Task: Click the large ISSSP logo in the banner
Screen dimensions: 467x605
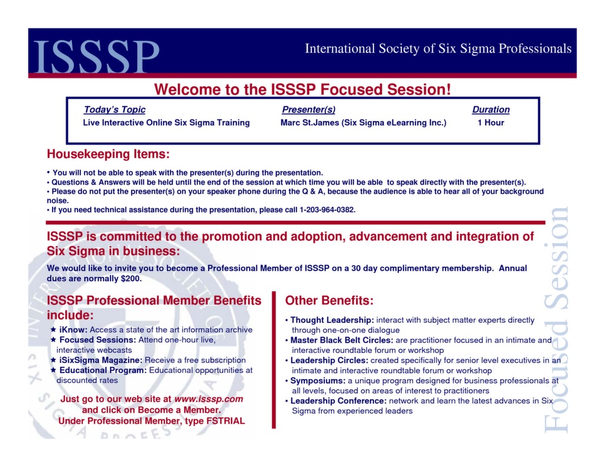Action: coord(97,56)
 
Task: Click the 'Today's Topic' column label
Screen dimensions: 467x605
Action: coord(114,110)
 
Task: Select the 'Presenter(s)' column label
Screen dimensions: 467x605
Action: coord(308,110)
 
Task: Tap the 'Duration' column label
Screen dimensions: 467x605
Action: coord(490,110)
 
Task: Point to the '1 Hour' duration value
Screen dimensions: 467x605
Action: coord(490,123)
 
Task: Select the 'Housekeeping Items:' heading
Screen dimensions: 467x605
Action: coord(108,155)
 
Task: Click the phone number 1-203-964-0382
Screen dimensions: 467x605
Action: coord(327,210)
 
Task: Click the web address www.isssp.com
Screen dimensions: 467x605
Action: coord(209,399)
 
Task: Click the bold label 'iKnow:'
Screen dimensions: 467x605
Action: coord(73,330)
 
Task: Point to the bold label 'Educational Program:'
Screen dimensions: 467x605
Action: coord(103,370)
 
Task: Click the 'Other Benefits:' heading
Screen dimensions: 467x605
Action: coord(329,301)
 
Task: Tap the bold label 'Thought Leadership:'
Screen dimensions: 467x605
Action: coord(332,320)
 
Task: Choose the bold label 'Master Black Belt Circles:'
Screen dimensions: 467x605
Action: coord(341,340)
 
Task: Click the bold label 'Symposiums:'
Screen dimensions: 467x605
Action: coord(318,381)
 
